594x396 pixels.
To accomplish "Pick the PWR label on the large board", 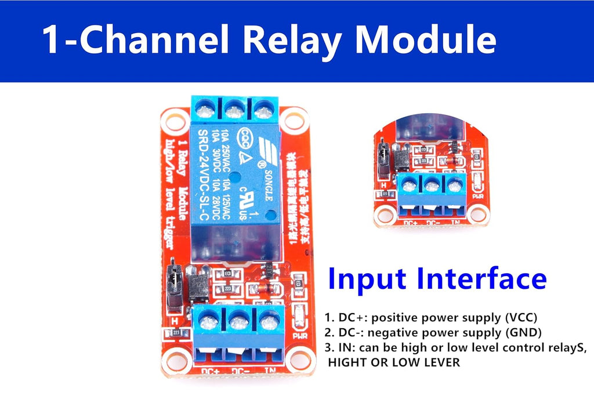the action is point(300,336).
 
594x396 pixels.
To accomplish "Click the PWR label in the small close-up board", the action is point(478,196).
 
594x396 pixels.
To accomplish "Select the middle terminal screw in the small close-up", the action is point(431,186).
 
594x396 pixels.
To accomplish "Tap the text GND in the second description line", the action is point(524,332).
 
